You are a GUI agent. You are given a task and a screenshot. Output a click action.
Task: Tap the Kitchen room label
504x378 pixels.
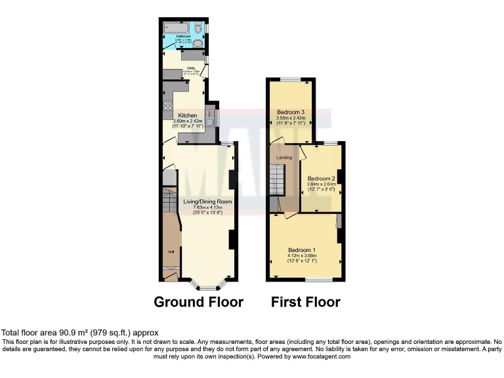(184, 115)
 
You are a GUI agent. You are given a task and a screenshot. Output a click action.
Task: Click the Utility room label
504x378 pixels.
(191, 68)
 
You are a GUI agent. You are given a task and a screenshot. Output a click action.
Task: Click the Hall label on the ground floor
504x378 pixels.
(170, 249)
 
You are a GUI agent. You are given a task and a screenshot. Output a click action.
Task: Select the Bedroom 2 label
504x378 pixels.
(321, 178)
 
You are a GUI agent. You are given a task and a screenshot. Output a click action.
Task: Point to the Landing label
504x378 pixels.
(283, 158)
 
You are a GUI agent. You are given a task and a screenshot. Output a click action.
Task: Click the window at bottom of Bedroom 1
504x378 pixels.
(318, 280)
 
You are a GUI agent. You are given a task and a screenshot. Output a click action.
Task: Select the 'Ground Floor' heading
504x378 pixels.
(198, 302)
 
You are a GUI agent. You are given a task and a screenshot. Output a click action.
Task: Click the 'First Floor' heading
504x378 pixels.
(306, 302)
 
